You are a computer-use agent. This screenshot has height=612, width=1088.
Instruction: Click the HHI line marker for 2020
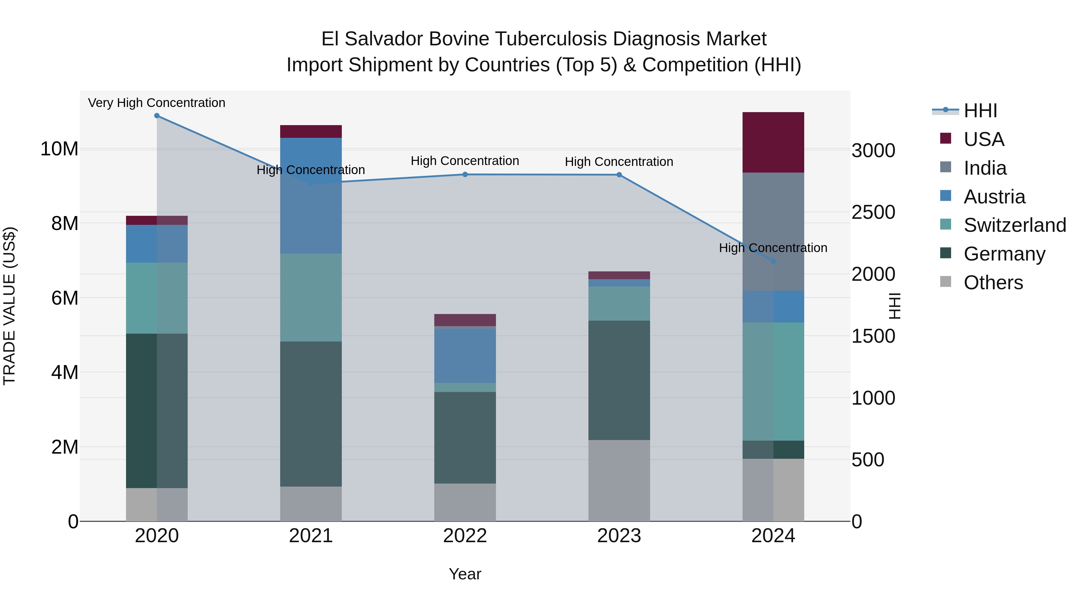click(157, 116)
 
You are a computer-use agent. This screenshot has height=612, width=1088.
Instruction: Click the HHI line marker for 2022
click(465, 174)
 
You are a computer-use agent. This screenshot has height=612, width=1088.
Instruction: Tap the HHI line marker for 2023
click(619, 175)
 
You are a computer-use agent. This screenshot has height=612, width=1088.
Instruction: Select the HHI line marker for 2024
click(773, 261)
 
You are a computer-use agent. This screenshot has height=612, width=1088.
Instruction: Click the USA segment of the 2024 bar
click(773, 142)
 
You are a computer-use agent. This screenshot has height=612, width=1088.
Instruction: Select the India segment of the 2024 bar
click(773, 232)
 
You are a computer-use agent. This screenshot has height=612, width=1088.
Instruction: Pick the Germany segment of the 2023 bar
click(619, 380)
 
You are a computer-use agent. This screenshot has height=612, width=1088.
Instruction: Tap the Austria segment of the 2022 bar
click(465, 356)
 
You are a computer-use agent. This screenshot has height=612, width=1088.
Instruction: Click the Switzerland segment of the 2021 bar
click(311, 297)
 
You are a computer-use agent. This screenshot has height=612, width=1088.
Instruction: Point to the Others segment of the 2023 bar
click(619, 481)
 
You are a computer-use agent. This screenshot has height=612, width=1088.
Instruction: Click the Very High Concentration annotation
click(157, 103)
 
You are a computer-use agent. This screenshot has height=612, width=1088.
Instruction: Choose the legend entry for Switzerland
click(1015, 225)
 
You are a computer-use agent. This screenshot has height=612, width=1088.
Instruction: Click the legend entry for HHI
click(980, 111)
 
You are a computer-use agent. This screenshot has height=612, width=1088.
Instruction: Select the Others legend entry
click(993, 283)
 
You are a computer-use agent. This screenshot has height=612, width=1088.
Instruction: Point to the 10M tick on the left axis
click(59, 149)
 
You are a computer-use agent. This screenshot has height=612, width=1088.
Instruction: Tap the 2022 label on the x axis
click(465, 536)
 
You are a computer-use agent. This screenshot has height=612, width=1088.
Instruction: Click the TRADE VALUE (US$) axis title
click(10, 306)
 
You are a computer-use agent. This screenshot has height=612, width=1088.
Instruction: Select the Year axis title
click(465, 574)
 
